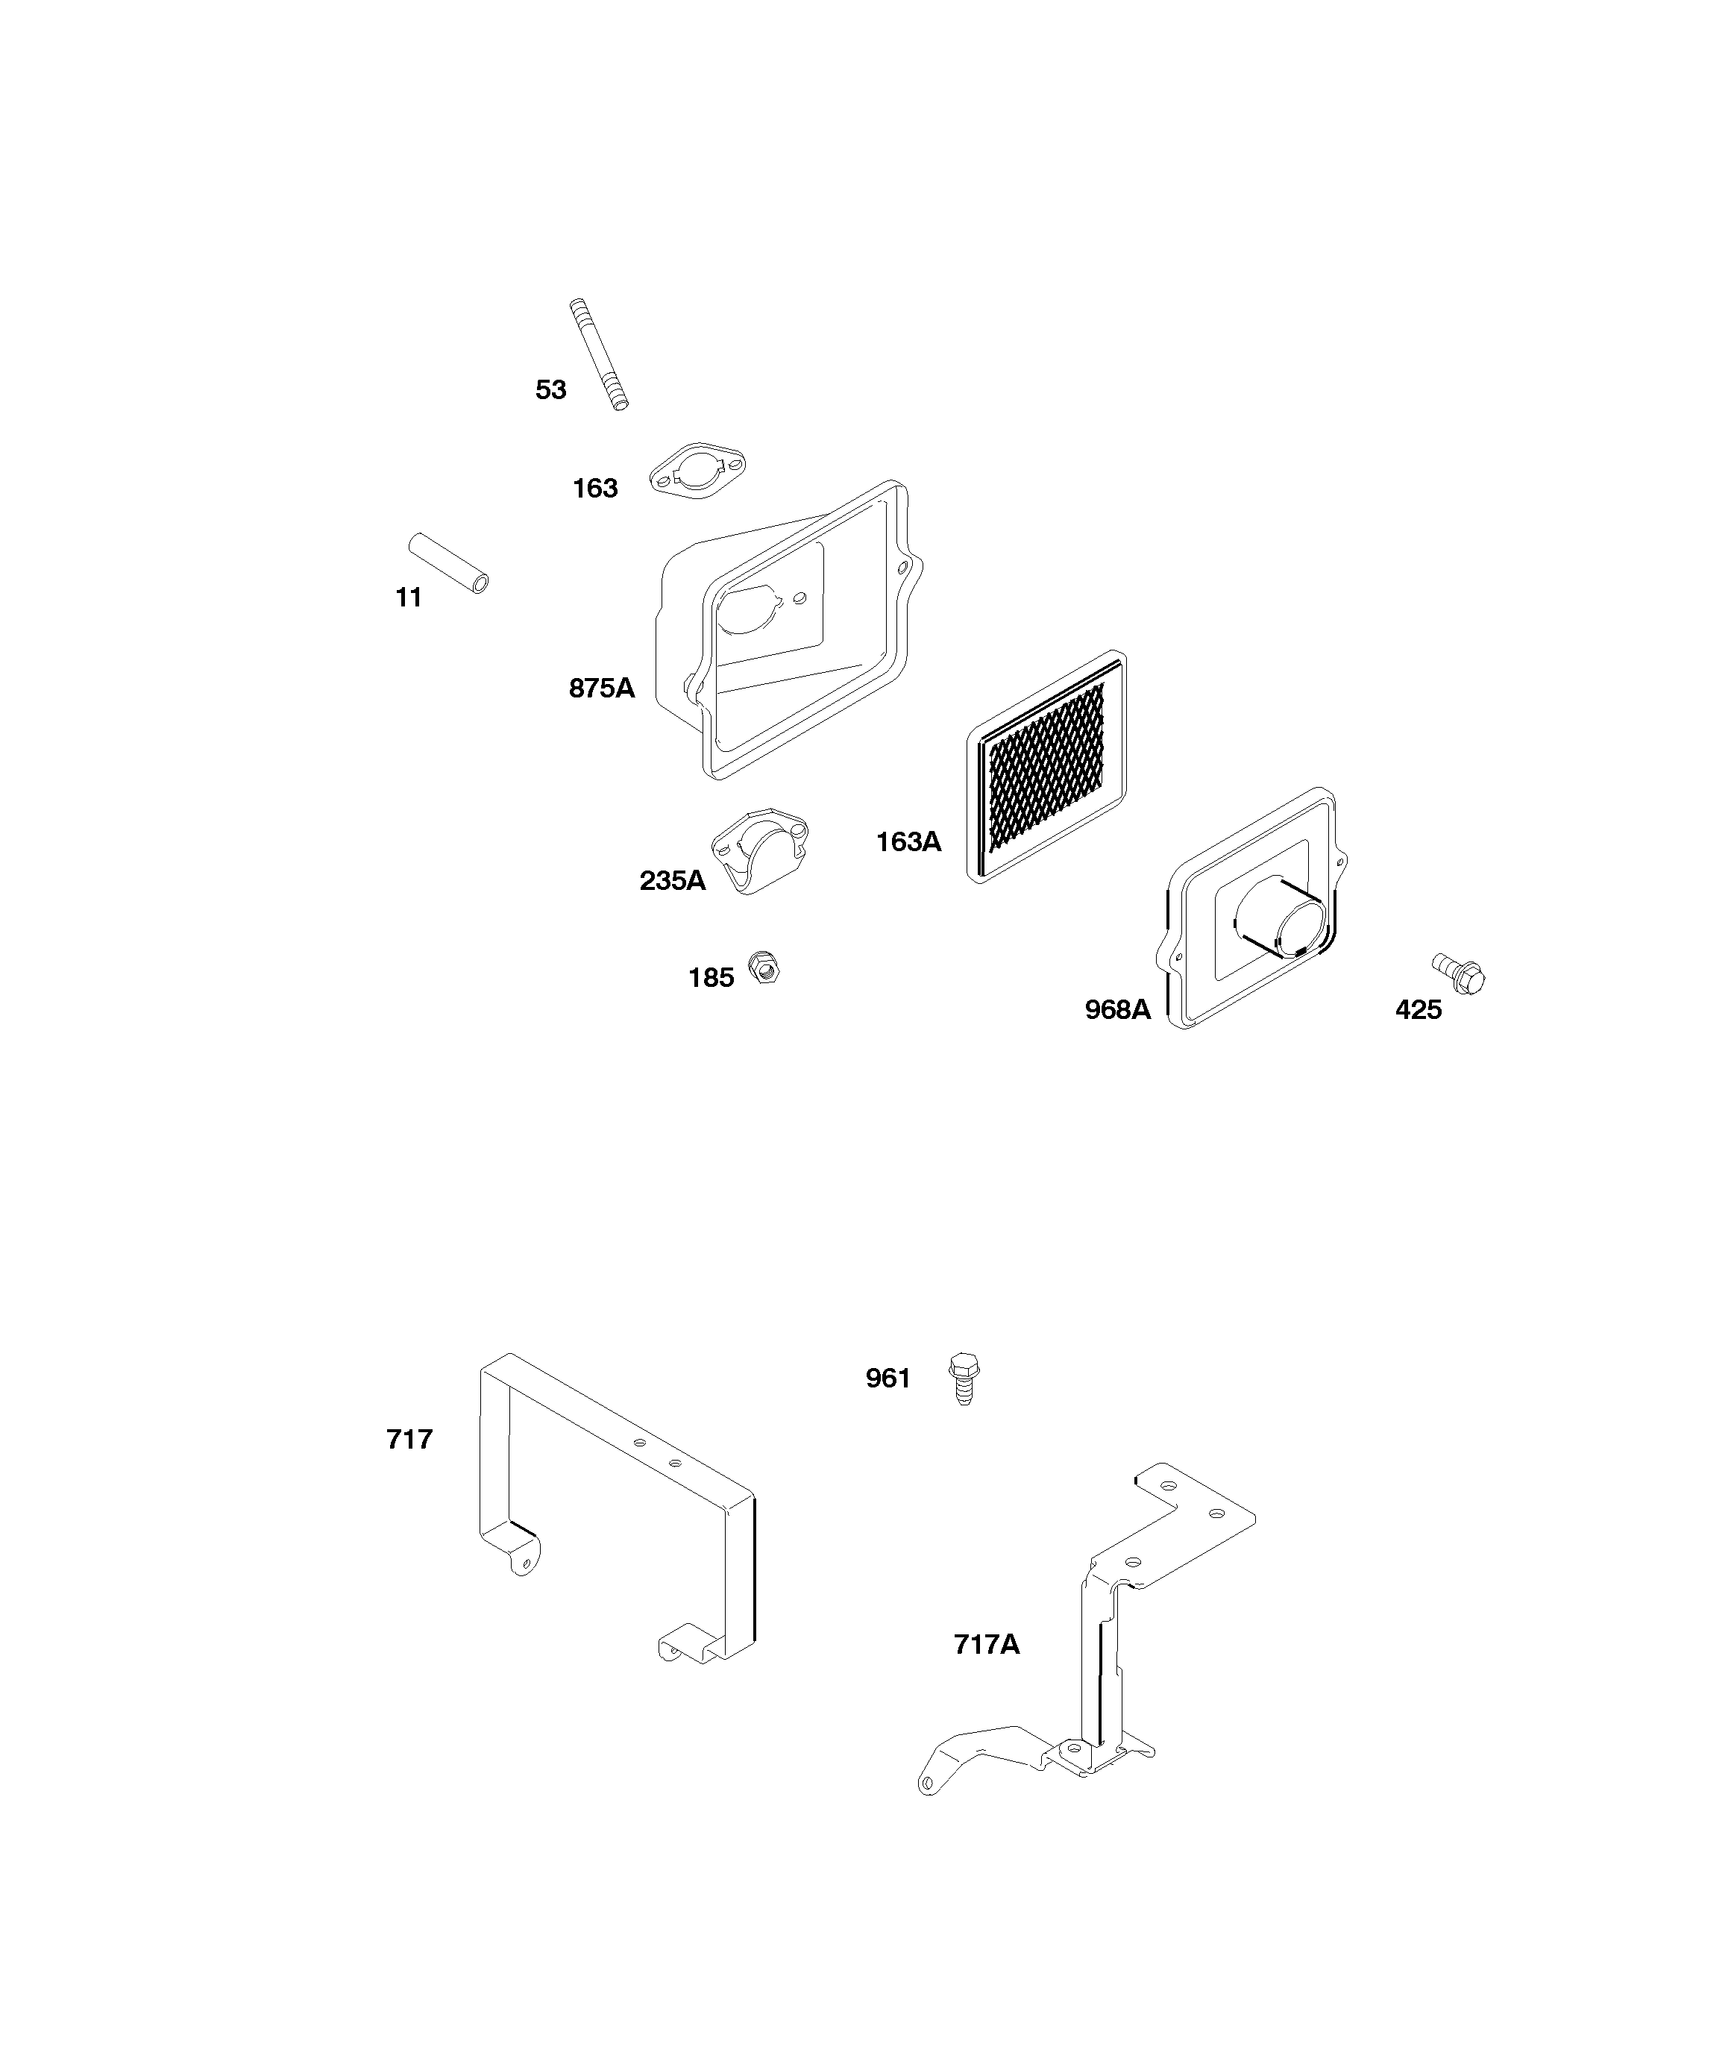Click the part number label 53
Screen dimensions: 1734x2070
coord(551,390)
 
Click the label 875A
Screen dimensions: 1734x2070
coord(601,688)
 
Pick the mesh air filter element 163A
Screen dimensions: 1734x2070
coord(1048,767)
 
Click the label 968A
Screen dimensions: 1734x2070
coord(1118,1009)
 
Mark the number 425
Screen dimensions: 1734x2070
coord(1419,1009)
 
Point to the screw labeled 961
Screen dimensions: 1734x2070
coord(965,1378)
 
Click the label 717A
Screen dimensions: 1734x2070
coord(987,1644)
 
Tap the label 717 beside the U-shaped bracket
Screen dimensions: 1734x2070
coord(409,1440)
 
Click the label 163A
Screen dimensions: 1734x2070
coord(909,841)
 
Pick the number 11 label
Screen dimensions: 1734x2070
coord(409,598)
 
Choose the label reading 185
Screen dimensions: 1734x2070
coord(711,978)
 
